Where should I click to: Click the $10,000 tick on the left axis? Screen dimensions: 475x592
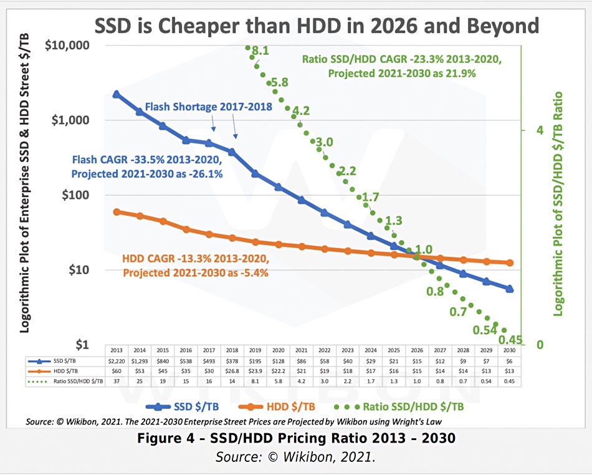click(x=69, y=46)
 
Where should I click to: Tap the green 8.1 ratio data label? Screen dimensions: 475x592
click(x=260, y=52)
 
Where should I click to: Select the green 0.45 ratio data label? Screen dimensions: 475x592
click(x=510, y=340)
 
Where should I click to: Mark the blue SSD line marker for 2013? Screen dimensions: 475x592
click(x=117, y=94)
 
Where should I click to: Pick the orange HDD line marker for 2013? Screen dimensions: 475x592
click(x=117, y=212)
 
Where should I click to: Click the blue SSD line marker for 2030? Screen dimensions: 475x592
click(x=510, y=289)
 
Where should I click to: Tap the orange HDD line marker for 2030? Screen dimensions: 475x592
click(x=510, y=263)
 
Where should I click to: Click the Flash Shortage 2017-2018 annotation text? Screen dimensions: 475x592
click(x=208, y=107)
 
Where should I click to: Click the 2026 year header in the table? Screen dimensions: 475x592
click(x=417, y=350)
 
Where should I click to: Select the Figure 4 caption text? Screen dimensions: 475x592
click(x=296, y=439)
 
